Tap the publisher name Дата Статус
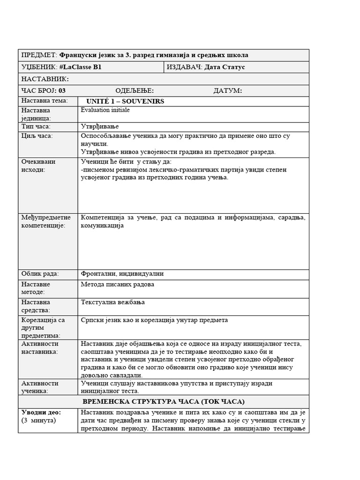(225, 67)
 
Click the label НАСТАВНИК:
(45, 79)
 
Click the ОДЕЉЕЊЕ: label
(135, 91)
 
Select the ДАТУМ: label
(228, 91)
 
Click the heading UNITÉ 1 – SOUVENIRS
(125, 102)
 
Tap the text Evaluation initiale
(105, 110)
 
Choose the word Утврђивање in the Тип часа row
(100, 127)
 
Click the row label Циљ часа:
(37, 136)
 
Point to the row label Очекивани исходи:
(38, 165)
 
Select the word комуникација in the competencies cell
(102, 225)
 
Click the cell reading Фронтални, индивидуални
(122, 274)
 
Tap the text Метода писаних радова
(117, 285)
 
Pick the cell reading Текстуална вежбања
(113, 302)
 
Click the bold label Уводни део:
(41, 412)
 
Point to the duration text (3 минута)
(38, 420)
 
